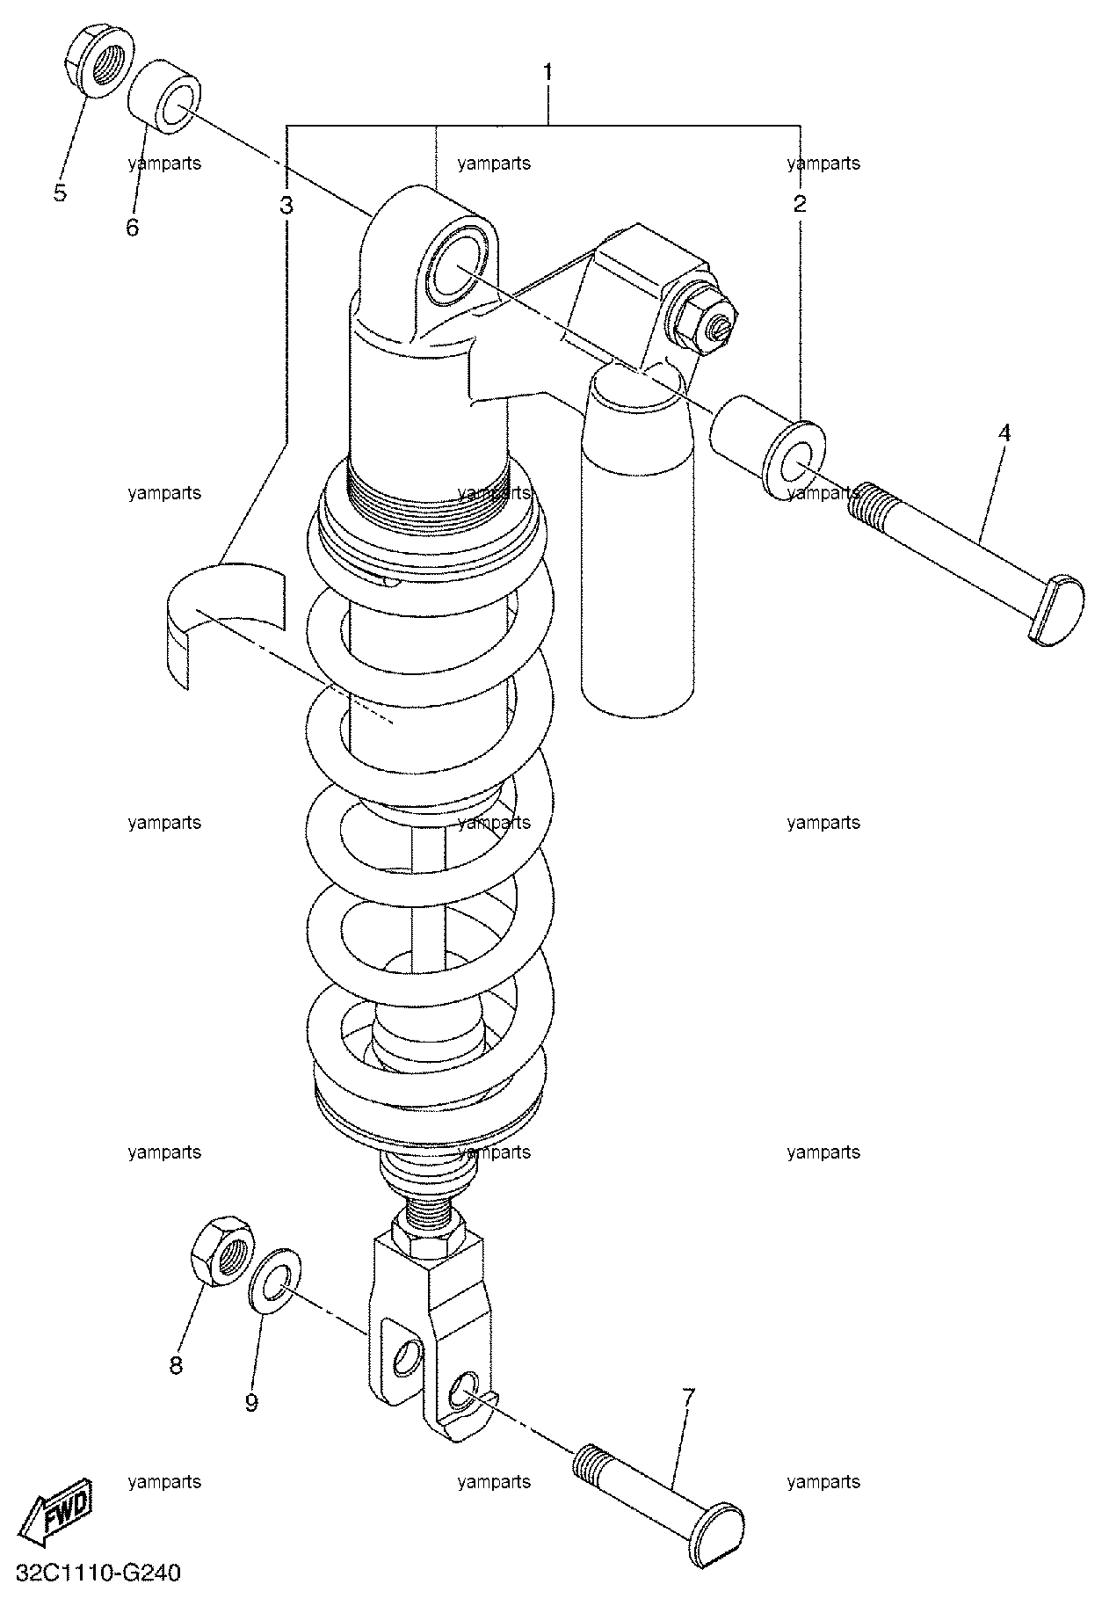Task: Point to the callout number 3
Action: tap(286, 206)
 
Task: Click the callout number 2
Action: tap(799, 205)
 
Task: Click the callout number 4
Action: tap(1004, 432)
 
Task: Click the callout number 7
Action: tap(688, 1397)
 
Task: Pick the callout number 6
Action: tap(132, 228)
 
